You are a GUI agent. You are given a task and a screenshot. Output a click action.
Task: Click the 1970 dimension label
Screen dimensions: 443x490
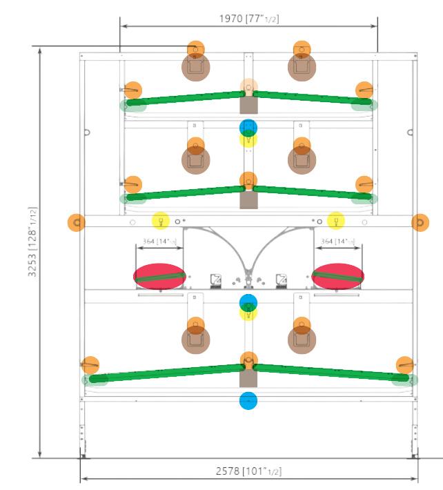tap(249, 19)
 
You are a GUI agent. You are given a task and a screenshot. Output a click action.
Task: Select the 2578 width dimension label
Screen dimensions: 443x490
tap(249, 471)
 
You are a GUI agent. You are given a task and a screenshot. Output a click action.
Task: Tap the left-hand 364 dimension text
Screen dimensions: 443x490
tap(159, 242)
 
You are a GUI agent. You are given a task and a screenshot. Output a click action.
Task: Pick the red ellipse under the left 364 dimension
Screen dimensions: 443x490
tap(159, 276)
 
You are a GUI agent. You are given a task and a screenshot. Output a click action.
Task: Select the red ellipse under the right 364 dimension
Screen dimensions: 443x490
tap(338, 276)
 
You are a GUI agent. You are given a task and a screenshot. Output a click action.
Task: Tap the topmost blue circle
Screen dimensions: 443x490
tap(248, 128)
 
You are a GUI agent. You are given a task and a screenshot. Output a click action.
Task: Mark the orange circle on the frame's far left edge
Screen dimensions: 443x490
tap(76, 222)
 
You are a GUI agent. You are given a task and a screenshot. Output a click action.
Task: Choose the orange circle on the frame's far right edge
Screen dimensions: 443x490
tap(420, 222)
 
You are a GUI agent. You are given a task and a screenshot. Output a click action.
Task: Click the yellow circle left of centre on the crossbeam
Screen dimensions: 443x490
tap(160, 221)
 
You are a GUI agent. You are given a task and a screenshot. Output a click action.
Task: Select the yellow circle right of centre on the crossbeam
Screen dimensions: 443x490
tap(336, 221)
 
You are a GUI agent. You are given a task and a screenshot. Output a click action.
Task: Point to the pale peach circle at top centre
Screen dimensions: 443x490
tap(248, 87)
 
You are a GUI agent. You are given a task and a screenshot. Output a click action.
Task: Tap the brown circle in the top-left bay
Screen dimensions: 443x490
tap(195, 67)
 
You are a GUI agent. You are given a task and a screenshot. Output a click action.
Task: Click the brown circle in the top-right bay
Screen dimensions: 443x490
tap(302, 67)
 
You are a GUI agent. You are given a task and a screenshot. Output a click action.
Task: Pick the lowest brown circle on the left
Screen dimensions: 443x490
tap(195, 340)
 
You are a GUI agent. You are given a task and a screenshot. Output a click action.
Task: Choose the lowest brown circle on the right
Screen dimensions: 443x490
tap(302, 340)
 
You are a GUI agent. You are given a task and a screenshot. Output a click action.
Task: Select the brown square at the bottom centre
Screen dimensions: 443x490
tap(248, 378)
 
